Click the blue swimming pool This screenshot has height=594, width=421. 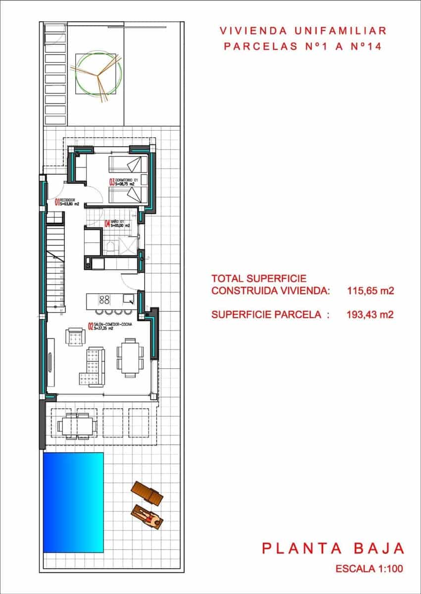(x=73, y=502)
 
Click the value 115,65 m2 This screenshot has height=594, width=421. (x=370, y=291)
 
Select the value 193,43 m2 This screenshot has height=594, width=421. (x=370, y=314)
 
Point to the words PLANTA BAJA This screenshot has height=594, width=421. (x=333, y=548)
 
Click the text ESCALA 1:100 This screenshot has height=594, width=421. (x=369, y=569)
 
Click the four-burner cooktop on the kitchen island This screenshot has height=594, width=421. (x=105, y=299)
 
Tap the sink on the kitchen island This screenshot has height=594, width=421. (x=128, y=299)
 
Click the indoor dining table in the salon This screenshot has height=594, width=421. (x=130, y=358)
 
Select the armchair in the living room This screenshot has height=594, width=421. (x=75, y=338)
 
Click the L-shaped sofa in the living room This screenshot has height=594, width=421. (x=93, y=366)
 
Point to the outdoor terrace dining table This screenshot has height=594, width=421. (x=76, y=425)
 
